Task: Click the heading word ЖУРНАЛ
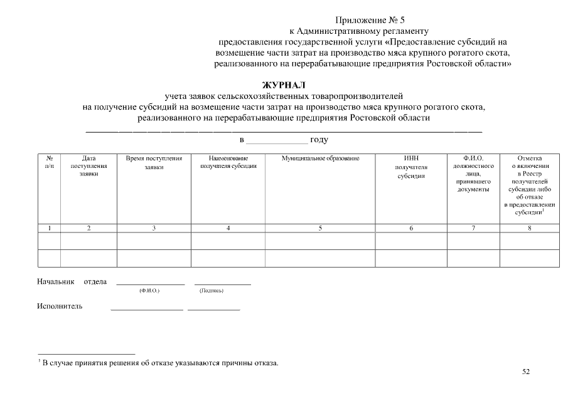283,85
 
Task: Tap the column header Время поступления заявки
154,163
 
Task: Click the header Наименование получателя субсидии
228,162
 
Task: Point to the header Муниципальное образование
320,159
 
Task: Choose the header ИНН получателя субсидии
411,167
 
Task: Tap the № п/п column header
49,162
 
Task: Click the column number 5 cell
320,228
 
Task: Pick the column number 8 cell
529,228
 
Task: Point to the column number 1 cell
49,228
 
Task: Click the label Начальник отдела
72,281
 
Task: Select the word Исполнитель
60,306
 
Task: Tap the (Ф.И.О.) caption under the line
149,291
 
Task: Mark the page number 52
526,372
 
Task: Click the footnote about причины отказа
159,363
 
